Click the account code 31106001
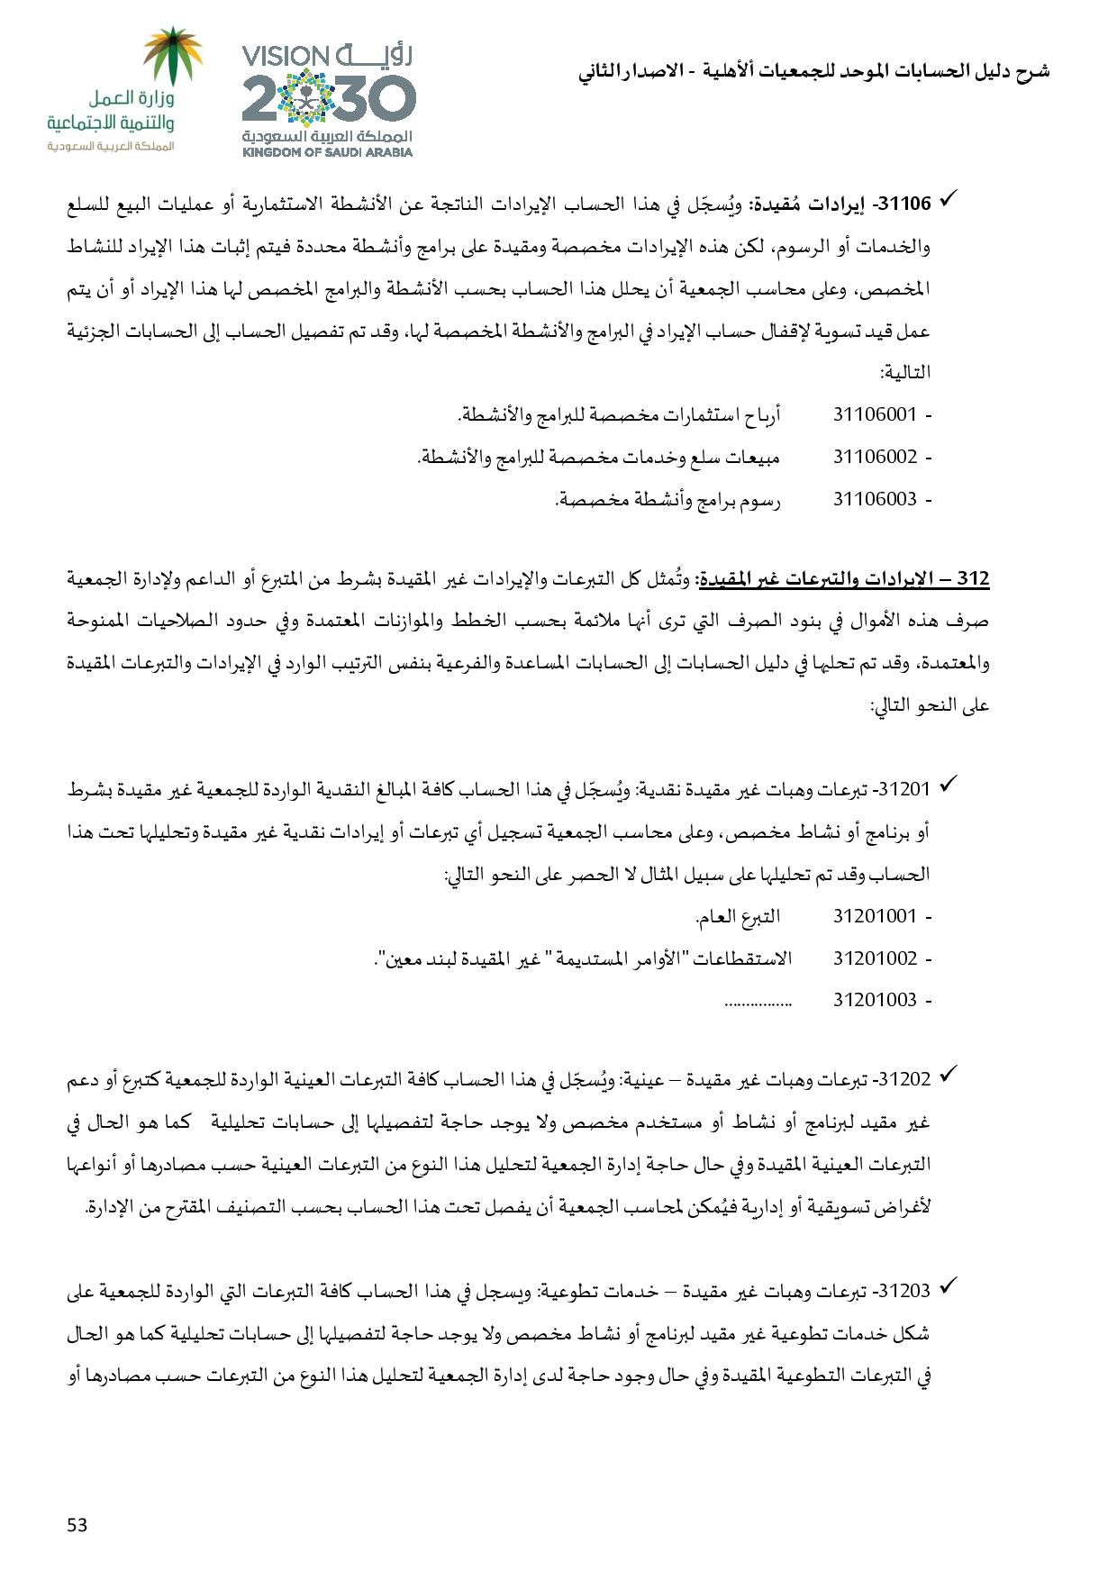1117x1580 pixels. coord(874,415)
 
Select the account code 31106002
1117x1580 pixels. coord(874,457)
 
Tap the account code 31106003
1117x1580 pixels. coord(874,499)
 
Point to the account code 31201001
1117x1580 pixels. coord(874,917)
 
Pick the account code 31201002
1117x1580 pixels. coord(874,958)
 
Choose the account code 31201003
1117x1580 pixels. coord(874,1000)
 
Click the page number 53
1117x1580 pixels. coord(77,1525)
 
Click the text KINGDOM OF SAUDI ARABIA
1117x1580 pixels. coord(327,152)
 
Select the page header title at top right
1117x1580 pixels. coord(814,71)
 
